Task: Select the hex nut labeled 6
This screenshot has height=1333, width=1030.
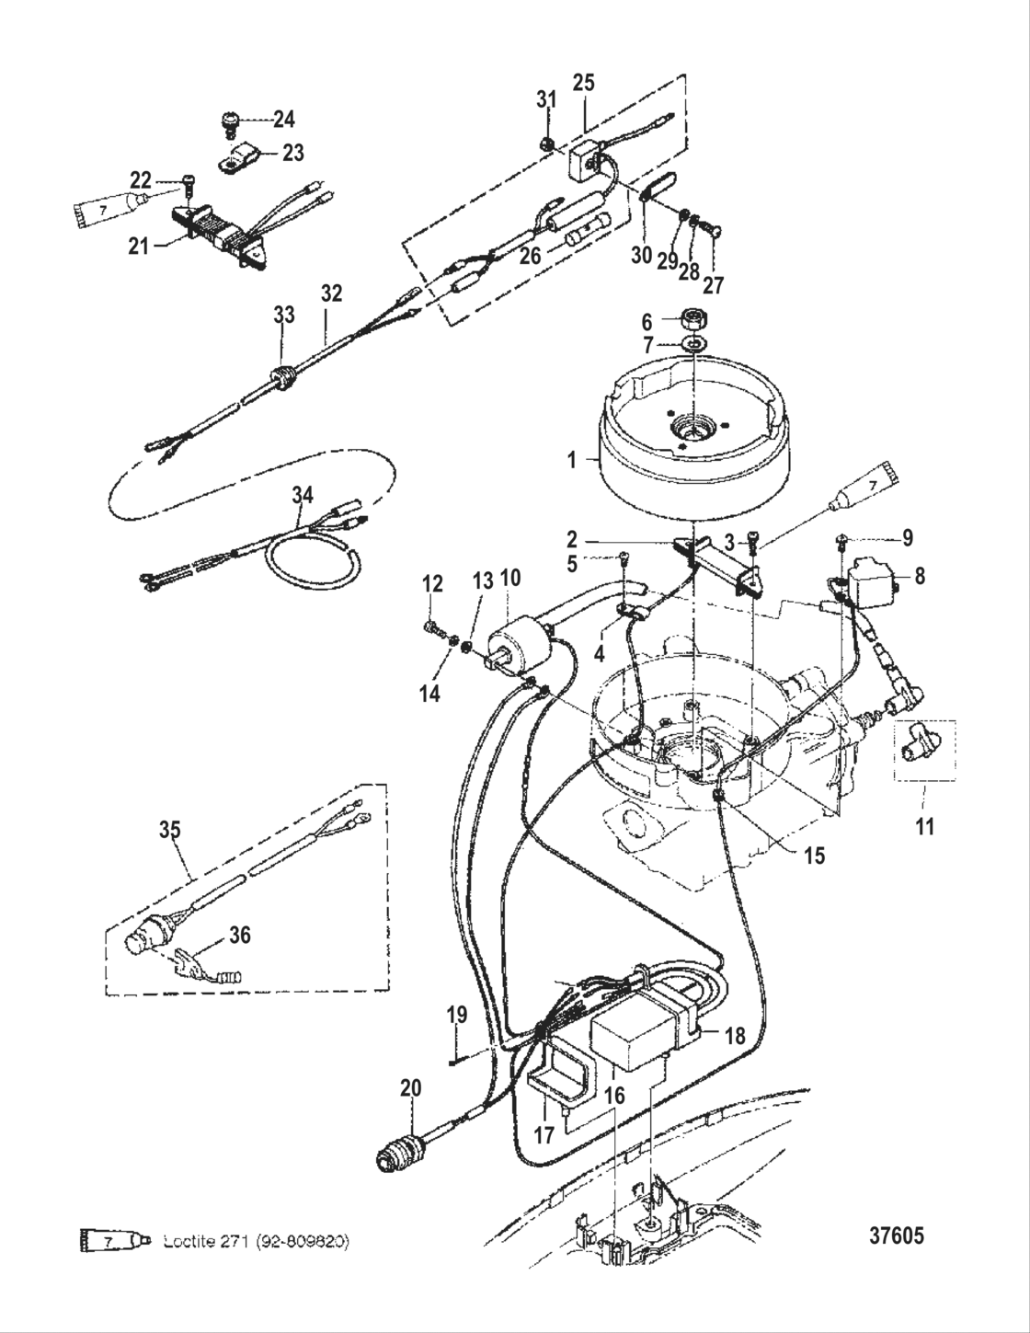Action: coord(694,322)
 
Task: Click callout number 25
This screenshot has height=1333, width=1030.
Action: coord(584,83)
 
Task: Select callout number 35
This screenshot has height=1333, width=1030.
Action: coord(169,830)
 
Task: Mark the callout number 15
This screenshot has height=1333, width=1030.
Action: coord(814,855)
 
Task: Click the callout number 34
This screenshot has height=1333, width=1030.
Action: coord(303,496)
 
